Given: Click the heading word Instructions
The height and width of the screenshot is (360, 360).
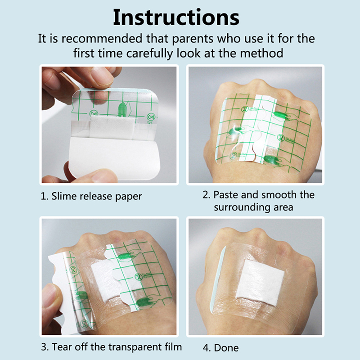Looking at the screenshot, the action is [x=176, y=18].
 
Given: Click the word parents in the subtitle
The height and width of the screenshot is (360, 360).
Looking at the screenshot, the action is [x=193, y=39].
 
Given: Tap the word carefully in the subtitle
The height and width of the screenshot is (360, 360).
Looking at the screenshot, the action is [x=149, y=54].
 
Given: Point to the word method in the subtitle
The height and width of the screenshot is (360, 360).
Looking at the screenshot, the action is [x=261, y=53].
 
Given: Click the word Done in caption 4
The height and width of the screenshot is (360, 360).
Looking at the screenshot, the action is [x=226, y=348].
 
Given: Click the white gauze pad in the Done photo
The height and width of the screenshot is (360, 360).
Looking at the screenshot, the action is [x=261, y=283].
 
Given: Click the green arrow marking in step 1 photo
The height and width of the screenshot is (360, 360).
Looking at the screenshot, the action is [x=122, y=109].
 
